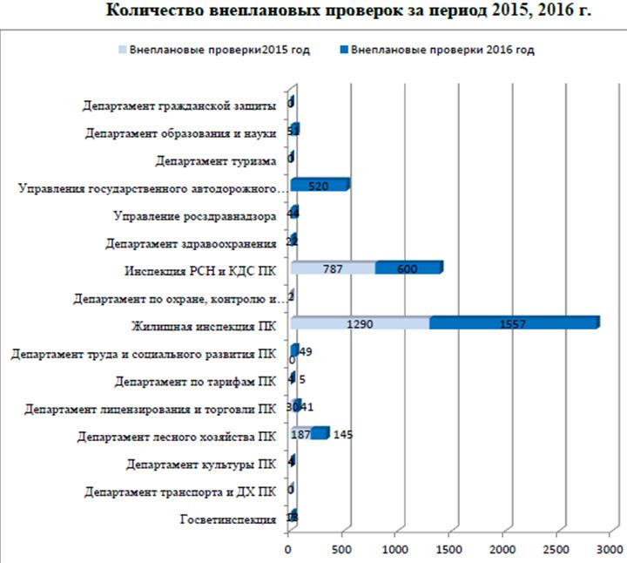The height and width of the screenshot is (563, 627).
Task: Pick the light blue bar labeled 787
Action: pyautogui.click(x=333, y=268)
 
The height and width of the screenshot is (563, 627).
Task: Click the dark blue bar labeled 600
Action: pyautogui.click(x=408, y=268)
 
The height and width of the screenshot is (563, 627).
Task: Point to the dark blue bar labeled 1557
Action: pyautogui.click(x=513, y=323)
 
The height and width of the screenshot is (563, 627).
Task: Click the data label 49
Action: pyautogui.click(x=307, y=352)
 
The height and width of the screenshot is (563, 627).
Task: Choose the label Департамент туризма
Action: pyautogui.click(x=215, y=161)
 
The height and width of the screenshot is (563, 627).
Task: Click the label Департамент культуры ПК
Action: pyautogui.click(x=201, y=464)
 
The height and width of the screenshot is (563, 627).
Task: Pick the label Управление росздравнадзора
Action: pyautogui.click(x=196, y=216)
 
